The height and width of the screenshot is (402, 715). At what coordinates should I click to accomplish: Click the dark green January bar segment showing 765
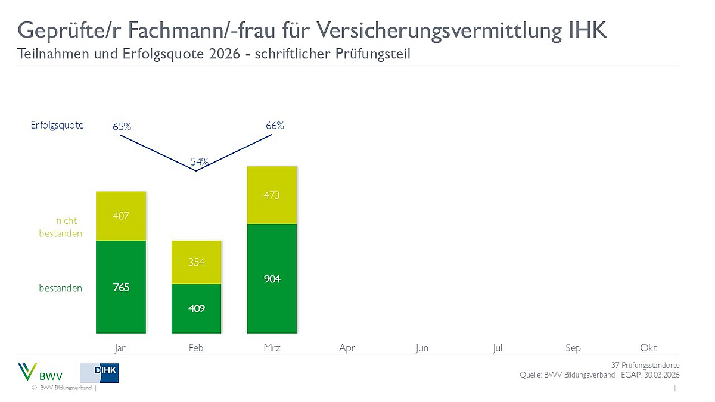click(x=121, y=287)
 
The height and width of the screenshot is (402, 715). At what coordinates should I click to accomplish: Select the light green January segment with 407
click(x=121, y=216)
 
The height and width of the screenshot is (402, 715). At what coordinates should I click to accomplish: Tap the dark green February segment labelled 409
click(x=196, y=308)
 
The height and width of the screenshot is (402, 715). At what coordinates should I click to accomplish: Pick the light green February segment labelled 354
click(x=196, y=263)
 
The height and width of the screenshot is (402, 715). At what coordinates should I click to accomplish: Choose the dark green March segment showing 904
click(x=272, y=279)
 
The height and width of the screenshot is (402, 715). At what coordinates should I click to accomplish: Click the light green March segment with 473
click(x=272, y=195)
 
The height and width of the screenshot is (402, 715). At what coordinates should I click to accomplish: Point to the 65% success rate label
click(x=122, y=127)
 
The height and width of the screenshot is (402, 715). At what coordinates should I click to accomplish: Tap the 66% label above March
click(x=275, y=126)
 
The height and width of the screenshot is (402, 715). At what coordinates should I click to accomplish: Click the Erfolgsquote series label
click(x=58, y=125)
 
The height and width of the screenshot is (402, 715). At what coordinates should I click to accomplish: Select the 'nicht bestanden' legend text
click(x=61, y=228)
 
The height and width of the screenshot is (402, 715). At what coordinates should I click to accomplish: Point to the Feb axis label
click(x=196, y=348)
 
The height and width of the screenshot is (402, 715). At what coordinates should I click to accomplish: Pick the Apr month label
click(x=347, y=348)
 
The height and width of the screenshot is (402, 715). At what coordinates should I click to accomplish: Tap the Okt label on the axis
click(x=648, y=348)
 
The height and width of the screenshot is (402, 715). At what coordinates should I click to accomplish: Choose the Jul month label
click(x=498, y=348)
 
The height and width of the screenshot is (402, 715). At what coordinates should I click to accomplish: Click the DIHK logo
click(x=100, y=373)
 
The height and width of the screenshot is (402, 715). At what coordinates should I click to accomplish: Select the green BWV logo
click(x=39, y=373)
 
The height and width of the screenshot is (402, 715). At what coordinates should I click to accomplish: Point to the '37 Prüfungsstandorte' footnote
click(x=645, y=365)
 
